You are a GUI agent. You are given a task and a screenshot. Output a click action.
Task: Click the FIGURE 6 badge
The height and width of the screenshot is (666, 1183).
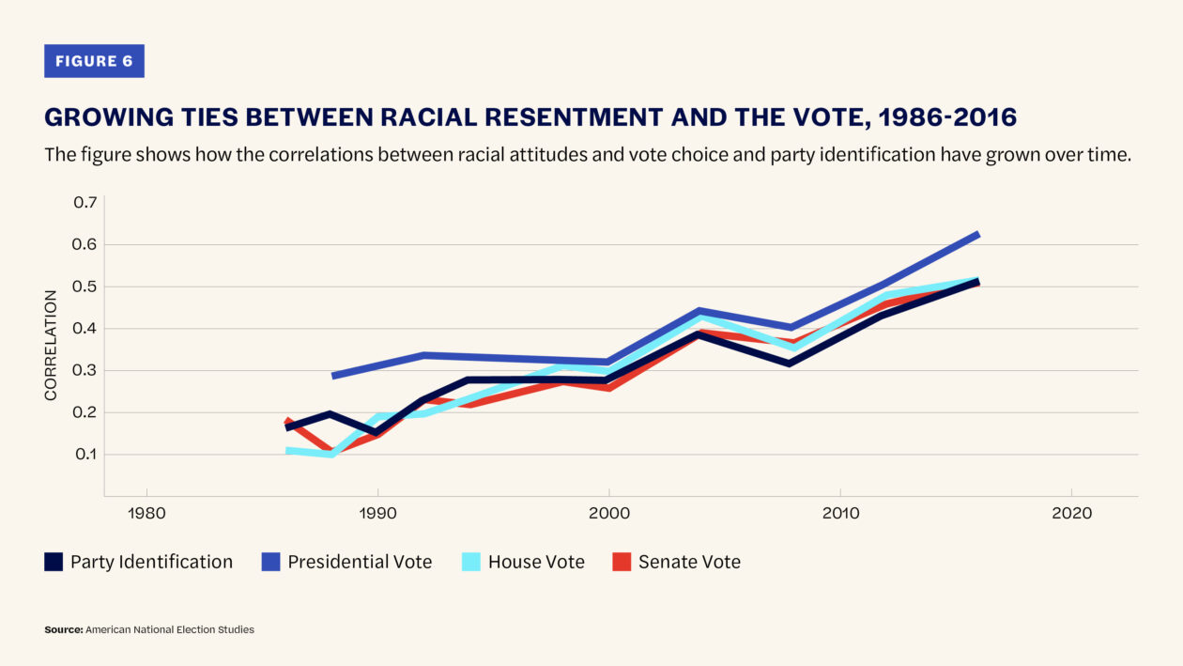[x=94, y=61]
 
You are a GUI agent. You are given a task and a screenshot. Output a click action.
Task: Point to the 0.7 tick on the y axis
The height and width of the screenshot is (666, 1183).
[x=85, y=203]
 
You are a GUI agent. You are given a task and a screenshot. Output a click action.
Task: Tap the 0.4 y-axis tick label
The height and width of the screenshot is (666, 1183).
[x=85, y=329]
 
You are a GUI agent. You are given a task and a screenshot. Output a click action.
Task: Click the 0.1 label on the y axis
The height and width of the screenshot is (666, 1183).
[x=85, y=455]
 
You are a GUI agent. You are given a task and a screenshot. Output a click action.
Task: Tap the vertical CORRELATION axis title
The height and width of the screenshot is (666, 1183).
[x=51, y=345]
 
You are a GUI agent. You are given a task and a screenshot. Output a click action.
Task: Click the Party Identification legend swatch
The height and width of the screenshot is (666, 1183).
[x=54, y=562]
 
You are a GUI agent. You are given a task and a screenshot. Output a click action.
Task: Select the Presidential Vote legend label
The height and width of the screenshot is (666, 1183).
[x=360, y=562]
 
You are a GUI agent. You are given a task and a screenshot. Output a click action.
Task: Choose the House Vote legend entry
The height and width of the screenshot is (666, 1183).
[x=536, y=562]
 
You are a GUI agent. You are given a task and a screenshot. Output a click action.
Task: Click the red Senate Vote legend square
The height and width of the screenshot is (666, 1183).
[x=622, y=562]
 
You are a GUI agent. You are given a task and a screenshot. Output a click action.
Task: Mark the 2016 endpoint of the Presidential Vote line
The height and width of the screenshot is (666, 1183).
[x=978, y=234]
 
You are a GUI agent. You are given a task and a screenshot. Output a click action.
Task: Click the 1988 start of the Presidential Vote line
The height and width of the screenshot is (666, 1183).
[x=333, y=376]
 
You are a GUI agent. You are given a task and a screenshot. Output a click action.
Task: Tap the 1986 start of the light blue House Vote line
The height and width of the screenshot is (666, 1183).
[x=289, y=451]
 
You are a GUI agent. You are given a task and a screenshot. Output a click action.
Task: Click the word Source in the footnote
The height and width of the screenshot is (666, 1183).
[x=63, y=629]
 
